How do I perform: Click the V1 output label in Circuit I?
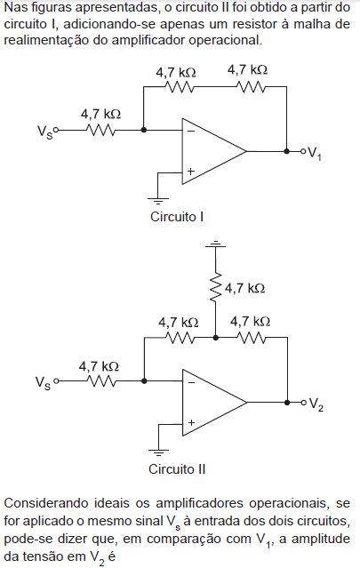(x=315, y=154)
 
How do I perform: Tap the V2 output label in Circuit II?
(x=316, y=404)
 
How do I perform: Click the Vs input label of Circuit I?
(x=45, y=132)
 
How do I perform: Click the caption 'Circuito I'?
(x=177, y=217)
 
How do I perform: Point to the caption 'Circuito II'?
(x=177, y=469)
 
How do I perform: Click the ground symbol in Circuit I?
(x=158, y=201)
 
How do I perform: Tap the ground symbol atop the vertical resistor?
(x=215, y=244)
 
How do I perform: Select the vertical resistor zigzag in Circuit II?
(x=215, y=286)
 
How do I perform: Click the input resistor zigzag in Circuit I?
(x=101, y=130)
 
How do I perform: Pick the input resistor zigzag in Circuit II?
(x=101, y=381)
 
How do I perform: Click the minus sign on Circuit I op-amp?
(x=191, y=132)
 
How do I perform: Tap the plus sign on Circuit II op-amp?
(x=191, y=422)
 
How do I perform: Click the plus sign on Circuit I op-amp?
(x=191, y=171)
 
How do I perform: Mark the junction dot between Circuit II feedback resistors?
(x=215, y=338)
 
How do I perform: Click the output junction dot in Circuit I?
(x=286, y=151)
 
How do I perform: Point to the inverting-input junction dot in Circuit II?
(x=144, y=381)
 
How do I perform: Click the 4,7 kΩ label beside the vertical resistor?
(x=244, y=288)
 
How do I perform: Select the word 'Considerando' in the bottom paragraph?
(x=46, y=503)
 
